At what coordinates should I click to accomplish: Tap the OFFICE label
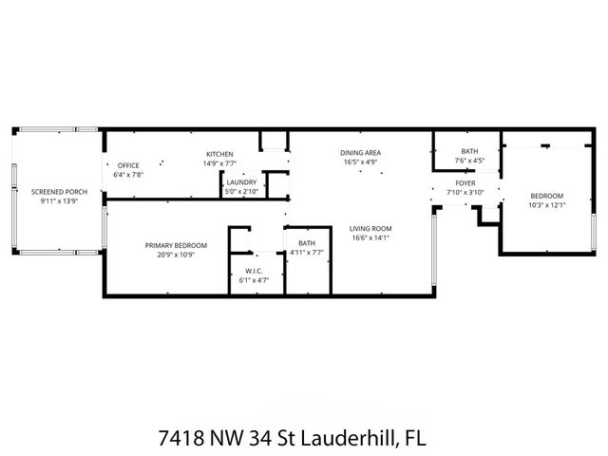(x=128, y=165)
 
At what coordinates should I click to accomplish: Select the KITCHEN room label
(x=219, y=154)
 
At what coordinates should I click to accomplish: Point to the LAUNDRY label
(x=241, y=182)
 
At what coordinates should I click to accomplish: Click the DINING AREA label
(x=361, y=152)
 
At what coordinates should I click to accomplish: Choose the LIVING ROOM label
(x=370, y=228)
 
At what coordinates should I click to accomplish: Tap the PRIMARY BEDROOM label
(x=176, y=245)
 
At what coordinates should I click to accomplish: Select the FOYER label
(x=465, y=182)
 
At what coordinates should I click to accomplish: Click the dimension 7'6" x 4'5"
(x=469, y=161)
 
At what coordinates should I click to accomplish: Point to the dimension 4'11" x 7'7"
(x=307, y=253)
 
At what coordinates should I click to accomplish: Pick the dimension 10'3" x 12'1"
(x=546, y=205)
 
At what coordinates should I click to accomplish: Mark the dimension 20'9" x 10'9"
(x=176, y=255)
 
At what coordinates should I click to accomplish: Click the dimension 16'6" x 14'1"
(x=370, y=237)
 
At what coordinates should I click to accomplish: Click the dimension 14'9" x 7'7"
(x=219, y=163)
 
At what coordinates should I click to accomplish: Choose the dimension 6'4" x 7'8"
(x=128, y=175)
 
